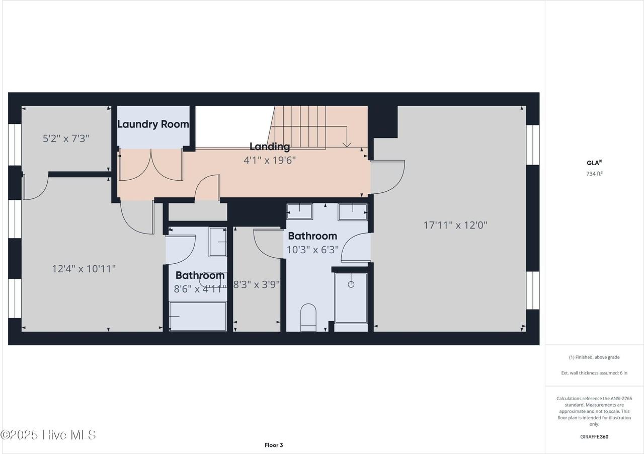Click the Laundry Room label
point(153,124)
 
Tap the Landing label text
point(270,147)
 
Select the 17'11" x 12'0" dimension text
point(455,225)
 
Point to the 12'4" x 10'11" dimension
point(84,269)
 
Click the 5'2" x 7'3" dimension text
point(66,139)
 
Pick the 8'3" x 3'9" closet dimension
point(256,284)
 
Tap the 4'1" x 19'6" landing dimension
point(270,160)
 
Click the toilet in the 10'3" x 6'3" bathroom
point(308,317)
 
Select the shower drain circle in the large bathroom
point(351,284)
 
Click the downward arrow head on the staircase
point(347,144)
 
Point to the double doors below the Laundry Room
point(151,165)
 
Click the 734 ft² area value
point(594,174)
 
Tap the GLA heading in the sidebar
point(594,163)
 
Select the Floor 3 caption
point(274,445)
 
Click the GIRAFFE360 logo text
point(594,437)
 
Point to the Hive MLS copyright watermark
point(48,435)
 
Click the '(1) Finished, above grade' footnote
point(594,357)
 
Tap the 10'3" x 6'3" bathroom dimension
point(312,250)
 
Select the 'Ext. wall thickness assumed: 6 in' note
point(594,373)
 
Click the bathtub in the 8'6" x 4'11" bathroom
point(198,316)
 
